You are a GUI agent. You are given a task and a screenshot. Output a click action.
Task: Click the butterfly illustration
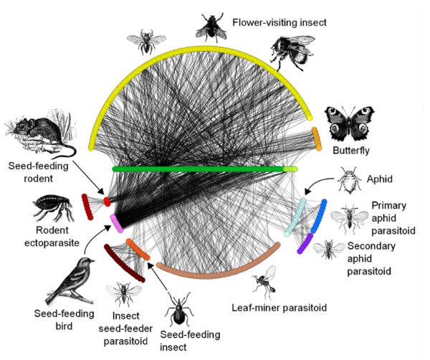[349, 123]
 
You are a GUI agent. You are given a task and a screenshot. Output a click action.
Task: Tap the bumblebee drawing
[293, 52]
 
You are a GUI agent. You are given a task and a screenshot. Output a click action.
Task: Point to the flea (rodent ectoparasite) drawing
[52, 207]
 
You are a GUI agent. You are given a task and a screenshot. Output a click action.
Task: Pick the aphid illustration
[349, 180]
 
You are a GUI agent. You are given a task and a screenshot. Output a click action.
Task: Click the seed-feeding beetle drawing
[178, 310]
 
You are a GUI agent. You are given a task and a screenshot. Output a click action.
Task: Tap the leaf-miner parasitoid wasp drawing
[265, 282]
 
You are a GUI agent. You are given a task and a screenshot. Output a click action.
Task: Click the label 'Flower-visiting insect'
[279, 22]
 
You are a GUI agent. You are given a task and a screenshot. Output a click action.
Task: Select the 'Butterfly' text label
[351, 151]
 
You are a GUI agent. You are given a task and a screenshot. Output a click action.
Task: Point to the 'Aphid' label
[380, 179]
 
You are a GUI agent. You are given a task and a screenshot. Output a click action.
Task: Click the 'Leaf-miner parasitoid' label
[279, 308]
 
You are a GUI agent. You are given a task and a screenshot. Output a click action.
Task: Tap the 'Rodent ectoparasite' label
[52, 237]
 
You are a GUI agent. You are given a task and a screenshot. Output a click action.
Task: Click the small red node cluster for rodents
[107, 202]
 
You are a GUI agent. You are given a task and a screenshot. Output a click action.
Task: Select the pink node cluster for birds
[117, 224]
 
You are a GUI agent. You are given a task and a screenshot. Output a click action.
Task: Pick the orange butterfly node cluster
[317, 139]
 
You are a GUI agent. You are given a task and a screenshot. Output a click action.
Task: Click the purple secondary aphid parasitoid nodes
[305, 244]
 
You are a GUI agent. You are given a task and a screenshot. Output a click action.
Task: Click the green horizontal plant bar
[204, 169]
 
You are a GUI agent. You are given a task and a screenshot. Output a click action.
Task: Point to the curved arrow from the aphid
[317, 182]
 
